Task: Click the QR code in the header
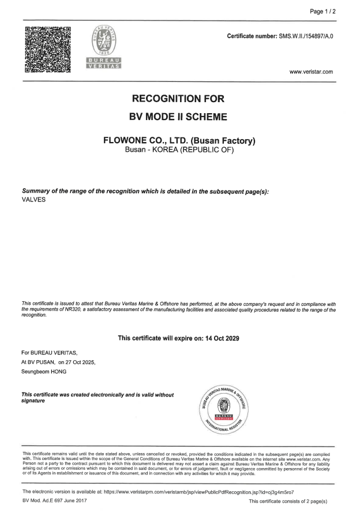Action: point(48,50)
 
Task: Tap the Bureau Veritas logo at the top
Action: point(104,48)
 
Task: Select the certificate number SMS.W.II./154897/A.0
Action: point(306,36)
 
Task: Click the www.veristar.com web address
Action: point(311,72)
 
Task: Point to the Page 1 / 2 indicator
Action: point(324,12)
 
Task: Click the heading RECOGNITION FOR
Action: point(179,99)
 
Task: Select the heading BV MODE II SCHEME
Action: point(179,117)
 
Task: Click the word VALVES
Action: point(33,200)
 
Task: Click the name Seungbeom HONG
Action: point(44,372)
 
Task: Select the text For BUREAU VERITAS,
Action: point(49,352)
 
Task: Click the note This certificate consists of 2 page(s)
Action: point(288,501)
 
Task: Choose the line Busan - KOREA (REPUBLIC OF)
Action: point(179,150)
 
